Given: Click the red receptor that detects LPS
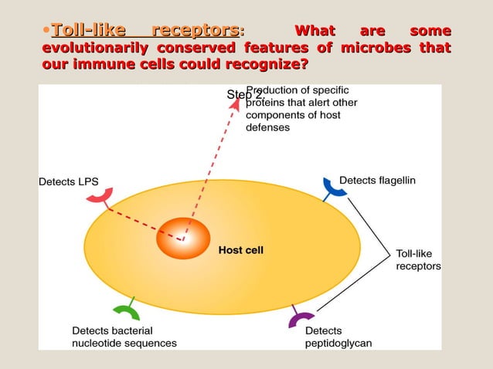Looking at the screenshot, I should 99,197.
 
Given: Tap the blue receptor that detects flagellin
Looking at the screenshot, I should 331,186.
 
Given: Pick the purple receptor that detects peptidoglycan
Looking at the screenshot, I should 301,318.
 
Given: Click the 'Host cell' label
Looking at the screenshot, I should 241,250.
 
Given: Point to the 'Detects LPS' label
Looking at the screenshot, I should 68,182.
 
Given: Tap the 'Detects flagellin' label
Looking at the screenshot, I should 377,180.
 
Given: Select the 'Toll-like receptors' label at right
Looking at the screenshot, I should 418,259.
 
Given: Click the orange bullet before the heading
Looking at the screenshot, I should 46,32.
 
